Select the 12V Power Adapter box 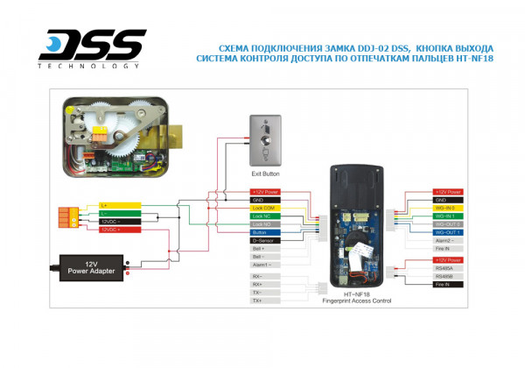[x=92, y=266]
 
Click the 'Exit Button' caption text [x=263, y=174]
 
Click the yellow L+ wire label [x=117, y=205]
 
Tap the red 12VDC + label [x=117, y=229]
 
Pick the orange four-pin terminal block [x=66, y=217]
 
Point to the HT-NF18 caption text [x=356, y=294]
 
